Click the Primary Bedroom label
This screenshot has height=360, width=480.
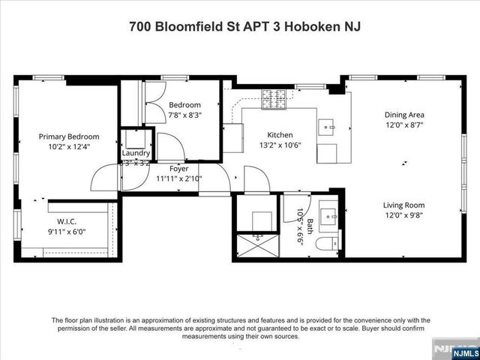69,136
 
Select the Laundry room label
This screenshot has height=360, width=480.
136,153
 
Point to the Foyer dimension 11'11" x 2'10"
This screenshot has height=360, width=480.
178,179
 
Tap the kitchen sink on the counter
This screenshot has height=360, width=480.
328,127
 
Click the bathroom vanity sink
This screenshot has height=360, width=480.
327,218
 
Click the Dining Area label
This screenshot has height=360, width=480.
405,115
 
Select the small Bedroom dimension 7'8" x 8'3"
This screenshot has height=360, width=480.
184,115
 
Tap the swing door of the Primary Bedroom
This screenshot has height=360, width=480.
105,178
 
